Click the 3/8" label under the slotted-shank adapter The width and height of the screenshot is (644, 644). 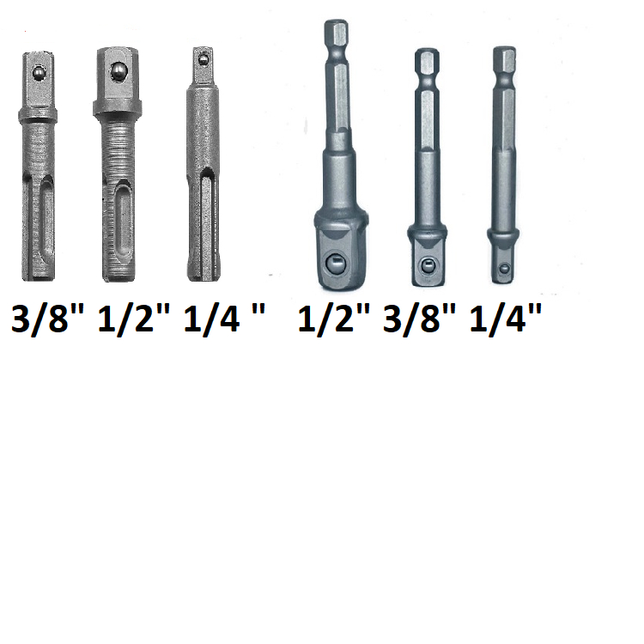click(x=47, y=319)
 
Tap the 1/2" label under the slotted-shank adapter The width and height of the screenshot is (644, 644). click(x=133, y=319)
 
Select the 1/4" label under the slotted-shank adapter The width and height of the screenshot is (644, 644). click(x=224, y=319)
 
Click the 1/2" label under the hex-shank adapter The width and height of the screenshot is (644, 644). click(x=333, y=319)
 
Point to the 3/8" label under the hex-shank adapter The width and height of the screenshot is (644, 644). click(x=419, y=319)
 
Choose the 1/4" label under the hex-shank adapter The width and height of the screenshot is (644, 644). click(x=505, y=319)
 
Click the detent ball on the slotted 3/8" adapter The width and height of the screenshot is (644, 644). click(x=39, y=73)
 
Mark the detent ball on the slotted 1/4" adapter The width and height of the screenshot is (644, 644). click(x=203, y=59)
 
